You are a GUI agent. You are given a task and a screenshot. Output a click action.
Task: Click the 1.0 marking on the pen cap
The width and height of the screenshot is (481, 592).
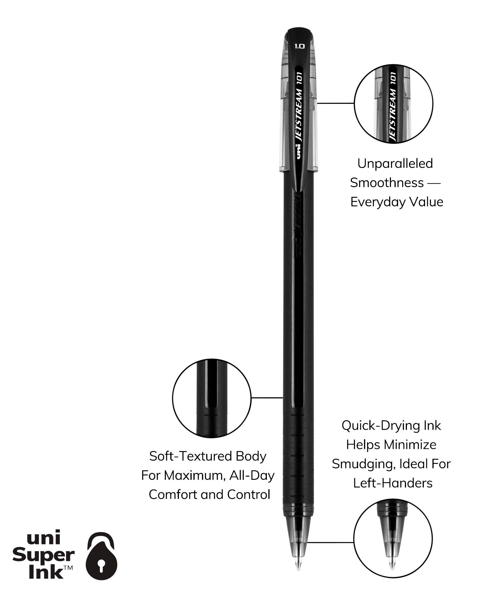click(x=299, y=46)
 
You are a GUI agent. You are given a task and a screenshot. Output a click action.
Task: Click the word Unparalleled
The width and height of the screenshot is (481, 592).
click(x=395, y=164)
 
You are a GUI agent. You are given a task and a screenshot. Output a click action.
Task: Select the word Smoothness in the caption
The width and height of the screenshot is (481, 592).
click(x=387, y=183)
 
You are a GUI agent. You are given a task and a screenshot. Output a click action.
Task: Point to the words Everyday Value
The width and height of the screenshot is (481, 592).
click(x=397, y=202)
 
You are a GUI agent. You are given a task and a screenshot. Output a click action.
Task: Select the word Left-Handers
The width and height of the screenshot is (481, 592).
click(x=393, y=483)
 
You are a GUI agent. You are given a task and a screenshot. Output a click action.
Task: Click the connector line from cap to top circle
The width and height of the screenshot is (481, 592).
click(x=336, y=103)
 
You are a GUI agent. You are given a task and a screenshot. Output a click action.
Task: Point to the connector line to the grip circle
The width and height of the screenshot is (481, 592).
click(x=267, y=398)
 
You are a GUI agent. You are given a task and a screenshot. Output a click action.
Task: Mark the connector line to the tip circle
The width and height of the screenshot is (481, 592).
click(x=330, y=543)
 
